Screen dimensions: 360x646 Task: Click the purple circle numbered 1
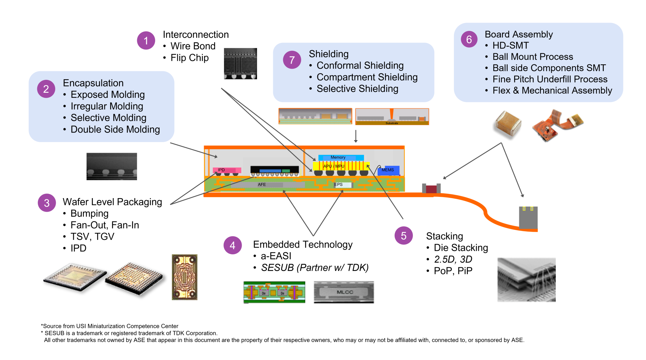(146, 40)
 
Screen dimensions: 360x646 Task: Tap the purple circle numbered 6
(469, 39)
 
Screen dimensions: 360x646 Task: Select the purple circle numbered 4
(232, 245)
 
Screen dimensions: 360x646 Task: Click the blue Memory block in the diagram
(341, 157)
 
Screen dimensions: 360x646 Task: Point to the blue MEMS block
(388, 170)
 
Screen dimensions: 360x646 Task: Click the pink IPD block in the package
(227, 170)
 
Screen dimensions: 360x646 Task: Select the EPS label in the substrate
(339, 185)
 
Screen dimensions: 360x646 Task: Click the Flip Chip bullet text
(189, 58)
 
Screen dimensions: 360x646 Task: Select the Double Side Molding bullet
(115, 129)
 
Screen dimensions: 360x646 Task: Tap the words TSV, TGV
(92, 236)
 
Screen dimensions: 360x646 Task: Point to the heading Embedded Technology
(302, 245)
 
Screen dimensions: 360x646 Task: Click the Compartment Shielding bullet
(367, 77)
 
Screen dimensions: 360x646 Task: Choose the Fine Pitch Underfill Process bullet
(550, 79)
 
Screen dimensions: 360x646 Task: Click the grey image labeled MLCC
(344, 292)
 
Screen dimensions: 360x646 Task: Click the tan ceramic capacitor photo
(507, 124)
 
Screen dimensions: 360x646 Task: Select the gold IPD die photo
(185, 277)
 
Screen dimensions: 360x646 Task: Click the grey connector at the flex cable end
(528, 217)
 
